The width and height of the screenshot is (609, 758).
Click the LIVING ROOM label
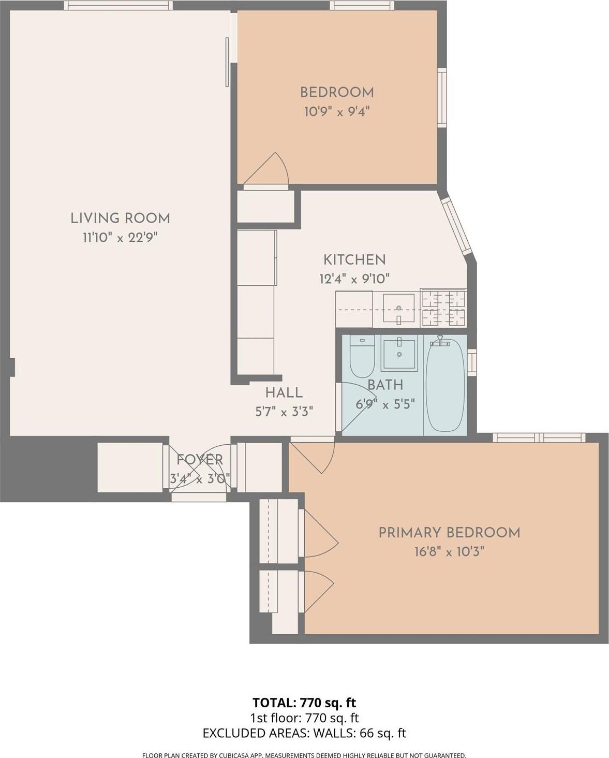pos(120,218)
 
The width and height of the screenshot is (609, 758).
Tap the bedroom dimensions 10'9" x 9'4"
pos(337,111)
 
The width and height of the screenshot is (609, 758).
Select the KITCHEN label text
pos(354,259)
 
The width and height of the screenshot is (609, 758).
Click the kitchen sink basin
pos(398,308)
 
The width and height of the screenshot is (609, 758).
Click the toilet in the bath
pos(362,358)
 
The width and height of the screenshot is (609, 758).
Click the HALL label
pos(284,392)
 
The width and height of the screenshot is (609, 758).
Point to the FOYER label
pos(200,459)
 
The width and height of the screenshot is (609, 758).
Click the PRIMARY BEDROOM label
pos(449,532)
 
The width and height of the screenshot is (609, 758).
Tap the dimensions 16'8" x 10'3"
pos(449,552)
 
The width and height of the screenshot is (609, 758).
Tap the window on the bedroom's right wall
pos(441,97)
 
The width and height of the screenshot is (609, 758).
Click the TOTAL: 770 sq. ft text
pos(304,703)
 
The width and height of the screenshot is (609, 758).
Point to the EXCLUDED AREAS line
pos(304,733)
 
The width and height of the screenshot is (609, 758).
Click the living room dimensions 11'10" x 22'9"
pos(120,238)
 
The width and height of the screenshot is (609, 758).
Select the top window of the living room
pos(118,5)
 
